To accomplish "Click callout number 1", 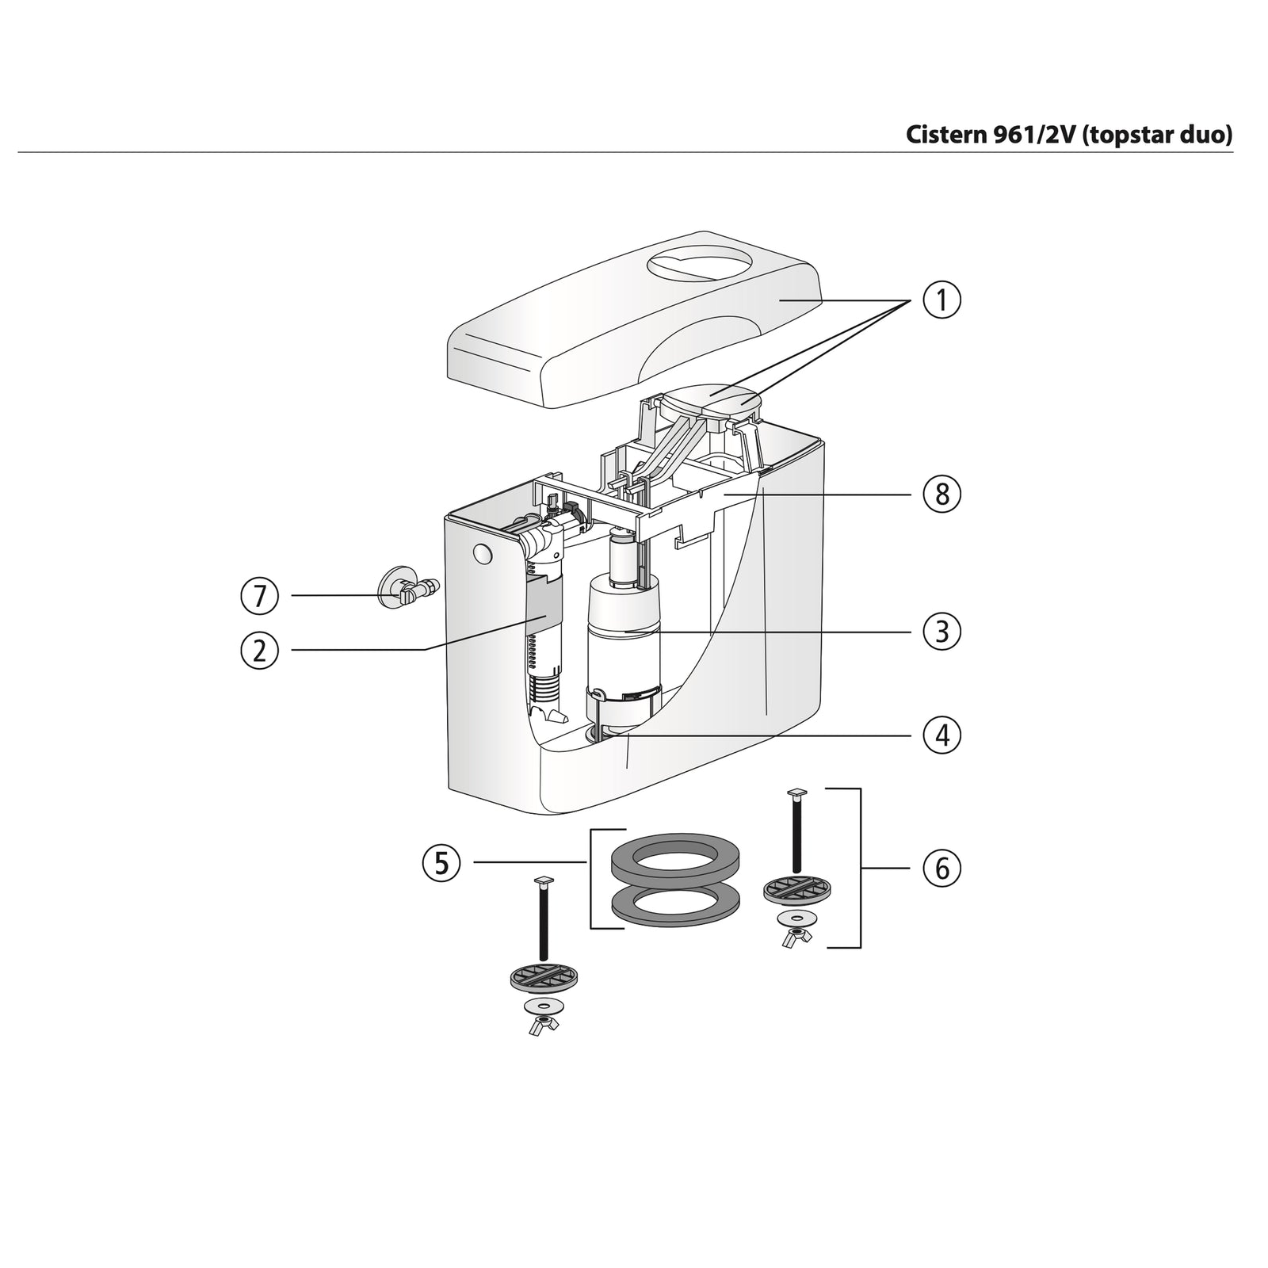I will click(x=941, y=301).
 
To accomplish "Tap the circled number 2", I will click(x=260, y=650).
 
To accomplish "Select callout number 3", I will click(x=941, y=632).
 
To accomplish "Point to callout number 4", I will click(x=941, y=735).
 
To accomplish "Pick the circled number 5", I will click(x=441, y=862).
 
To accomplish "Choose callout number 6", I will click(x=941, y=869).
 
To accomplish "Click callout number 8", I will click(x=941, y=495).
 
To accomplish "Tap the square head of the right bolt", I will click(x=796, y=792).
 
